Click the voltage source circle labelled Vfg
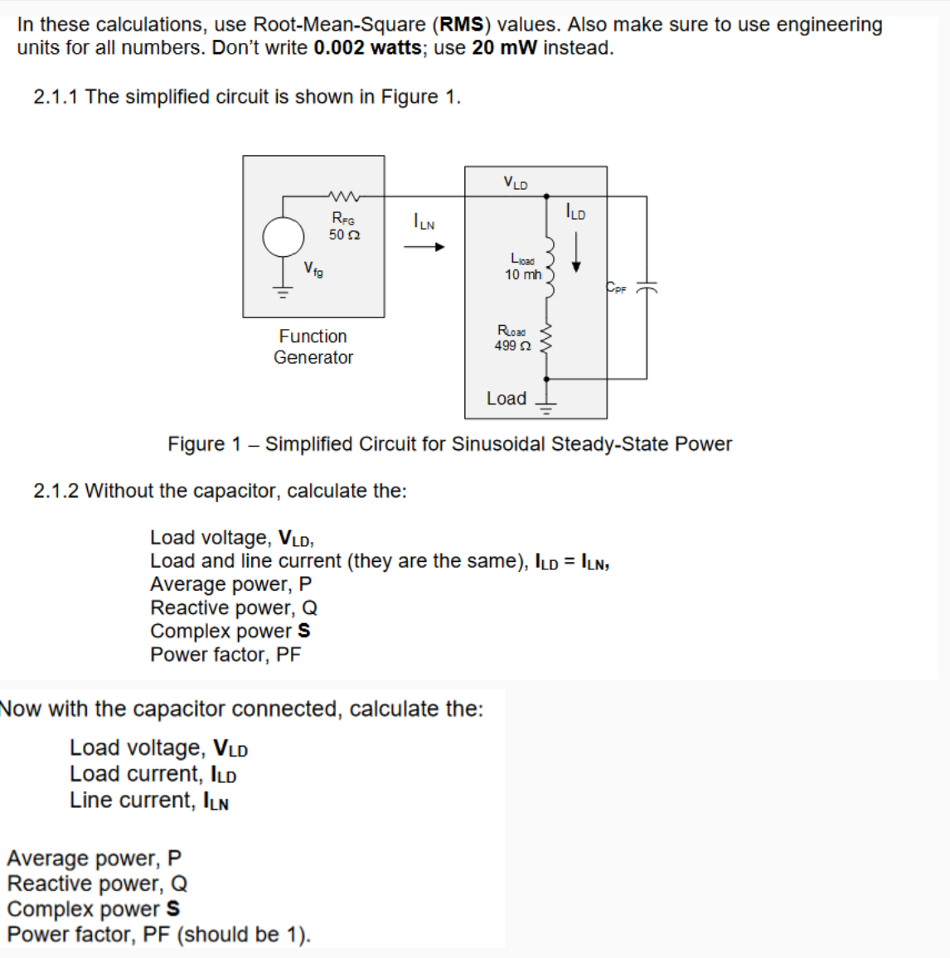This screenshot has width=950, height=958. tap(284, 238)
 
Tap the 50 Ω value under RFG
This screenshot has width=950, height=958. tap(344, 235)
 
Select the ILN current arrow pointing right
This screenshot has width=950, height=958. tap(424, 246)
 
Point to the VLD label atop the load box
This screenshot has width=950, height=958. tap(516, 182)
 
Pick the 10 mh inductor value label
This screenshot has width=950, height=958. tap(522, 274)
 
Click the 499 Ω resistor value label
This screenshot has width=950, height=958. tap(512, 346)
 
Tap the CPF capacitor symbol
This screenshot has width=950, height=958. tap(647, 288)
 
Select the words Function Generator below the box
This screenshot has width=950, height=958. tap(313, 347)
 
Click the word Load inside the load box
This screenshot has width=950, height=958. tap(507, 399)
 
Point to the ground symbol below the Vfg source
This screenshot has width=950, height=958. tap(284, 292)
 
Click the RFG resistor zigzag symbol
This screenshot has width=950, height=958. tap(343, 197)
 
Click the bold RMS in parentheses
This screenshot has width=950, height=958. tap(462, 25)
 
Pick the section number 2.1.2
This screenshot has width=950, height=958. tap(56, 491)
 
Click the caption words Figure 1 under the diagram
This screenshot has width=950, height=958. tap(205, 444)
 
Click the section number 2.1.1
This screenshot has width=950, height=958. tap(56, 97)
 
